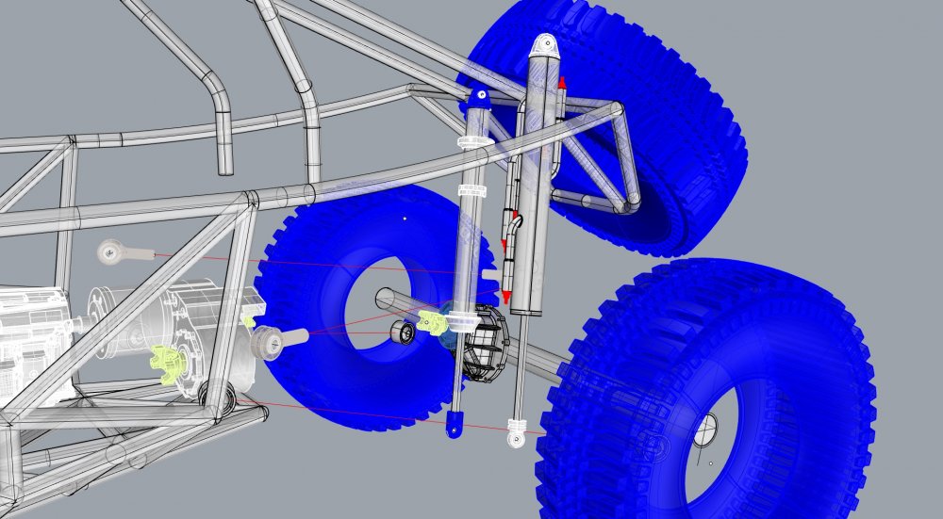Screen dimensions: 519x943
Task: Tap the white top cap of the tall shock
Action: (x=544, y=46)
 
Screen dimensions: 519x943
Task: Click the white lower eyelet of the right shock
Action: (x=516, y=434)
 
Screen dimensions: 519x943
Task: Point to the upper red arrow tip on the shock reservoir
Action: (x=561, y=84)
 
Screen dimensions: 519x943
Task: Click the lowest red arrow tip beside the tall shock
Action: (x=506, y=298)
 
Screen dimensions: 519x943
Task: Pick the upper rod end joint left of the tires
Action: (x=113, y=251)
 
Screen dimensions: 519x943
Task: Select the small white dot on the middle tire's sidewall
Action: (x=404, y=219)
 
